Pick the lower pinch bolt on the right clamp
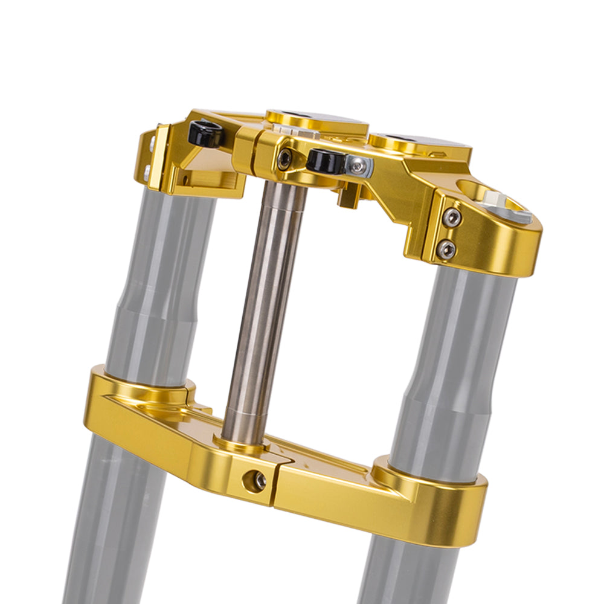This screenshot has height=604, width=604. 446,248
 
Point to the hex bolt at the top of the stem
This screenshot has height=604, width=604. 284,159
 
